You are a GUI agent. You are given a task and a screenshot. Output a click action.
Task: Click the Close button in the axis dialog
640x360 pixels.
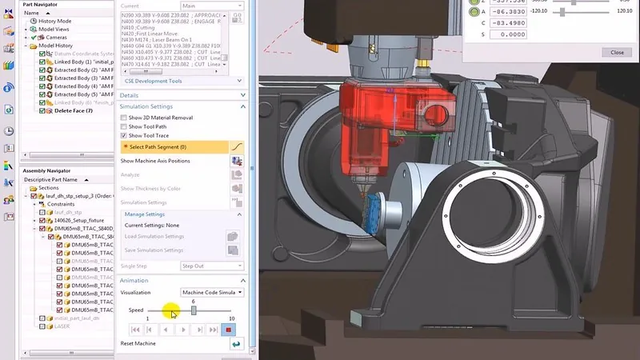coord(617,52)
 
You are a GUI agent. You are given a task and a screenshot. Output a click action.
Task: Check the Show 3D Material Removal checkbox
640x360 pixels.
coord(124,118)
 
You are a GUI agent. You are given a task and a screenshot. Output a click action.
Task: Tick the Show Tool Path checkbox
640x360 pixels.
coord(124,126)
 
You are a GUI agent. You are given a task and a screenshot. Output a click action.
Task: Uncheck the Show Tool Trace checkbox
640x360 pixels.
coord(124,135)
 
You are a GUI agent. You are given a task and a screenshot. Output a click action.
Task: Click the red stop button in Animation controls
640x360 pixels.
coord(230,329)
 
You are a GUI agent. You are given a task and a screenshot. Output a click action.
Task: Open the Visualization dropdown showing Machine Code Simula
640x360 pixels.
coord(212,292)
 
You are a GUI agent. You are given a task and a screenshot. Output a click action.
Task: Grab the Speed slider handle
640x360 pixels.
coord(194,310)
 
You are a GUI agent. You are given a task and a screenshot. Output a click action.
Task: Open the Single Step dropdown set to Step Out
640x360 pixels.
coord(212,266)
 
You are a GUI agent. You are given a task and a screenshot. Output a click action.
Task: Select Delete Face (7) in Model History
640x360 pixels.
coord(73,110)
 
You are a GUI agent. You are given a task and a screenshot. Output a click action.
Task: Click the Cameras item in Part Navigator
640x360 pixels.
coord(57,38)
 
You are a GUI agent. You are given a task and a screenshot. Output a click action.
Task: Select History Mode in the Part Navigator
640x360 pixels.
coord(56,22)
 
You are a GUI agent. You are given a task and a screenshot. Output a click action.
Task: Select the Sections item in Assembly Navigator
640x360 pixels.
coord(60,188)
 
